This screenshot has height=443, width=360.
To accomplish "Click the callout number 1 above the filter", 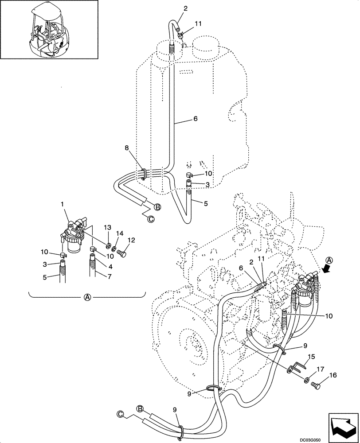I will point(63,204).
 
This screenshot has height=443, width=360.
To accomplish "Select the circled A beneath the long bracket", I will point(87,297).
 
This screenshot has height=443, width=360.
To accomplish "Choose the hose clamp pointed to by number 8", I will point(144,174).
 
